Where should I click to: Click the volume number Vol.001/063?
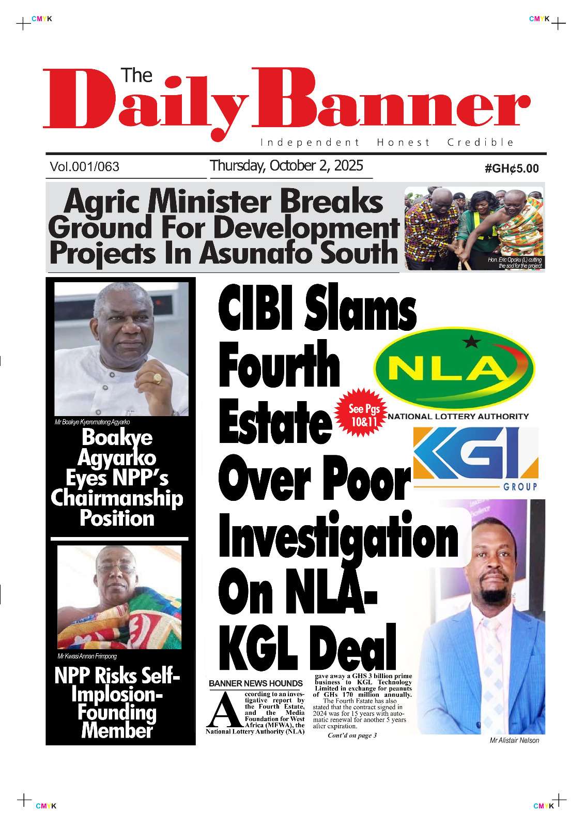[x=85, y=167]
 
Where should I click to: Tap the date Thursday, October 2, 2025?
[x=286, y=166]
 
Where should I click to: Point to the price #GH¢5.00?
[x=512, y=169]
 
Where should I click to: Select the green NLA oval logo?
[x=454, y=369]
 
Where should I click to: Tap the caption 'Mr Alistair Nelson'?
[x=514, y=740]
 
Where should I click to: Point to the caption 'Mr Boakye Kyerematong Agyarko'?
[x=92, y=422]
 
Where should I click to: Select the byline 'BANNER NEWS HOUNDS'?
[x=255, y=683]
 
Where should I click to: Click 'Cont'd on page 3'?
[x=352, y=736]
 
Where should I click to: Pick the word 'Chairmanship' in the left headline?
[x=117, y=498]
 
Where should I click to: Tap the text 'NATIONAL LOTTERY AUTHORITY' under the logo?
[x=458, y=416]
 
